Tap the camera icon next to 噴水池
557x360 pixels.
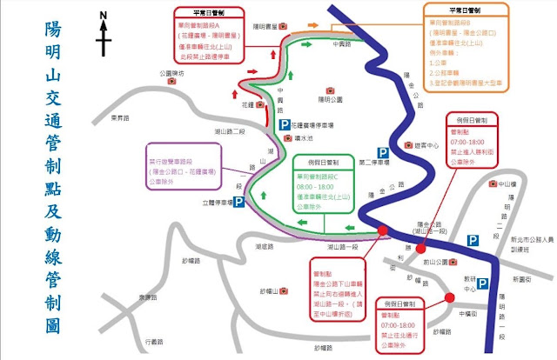pos(284,137)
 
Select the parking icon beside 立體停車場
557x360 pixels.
pos(238,203)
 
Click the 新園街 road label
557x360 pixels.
pos(521,279)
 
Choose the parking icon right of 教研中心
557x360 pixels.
pos(480,283)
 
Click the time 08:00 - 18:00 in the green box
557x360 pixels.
pos(316,186)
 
